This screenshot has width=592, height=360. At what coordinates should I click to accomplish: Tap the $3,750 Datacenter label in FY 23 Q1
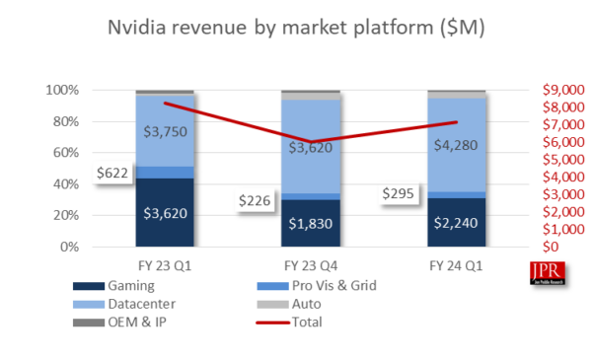[165, 133]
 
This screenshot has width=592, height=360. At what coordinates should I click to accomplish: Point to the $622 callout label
[114, 173]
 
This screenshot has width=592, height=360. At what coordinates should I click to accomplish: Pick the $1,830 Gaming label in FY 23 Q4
[310, 222]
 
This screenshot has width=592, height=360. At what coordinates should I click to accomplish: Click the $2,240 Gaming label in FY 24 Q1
[456, 222]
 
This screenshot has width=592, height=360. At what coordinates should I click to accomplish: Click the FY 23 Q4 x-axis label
[310, 267]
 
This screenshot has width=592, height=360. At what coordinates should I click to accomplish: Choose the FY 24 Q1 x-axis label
[456, 267]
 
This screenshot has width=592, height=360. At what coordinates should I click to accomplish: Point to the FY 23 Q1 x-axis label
[165, 267]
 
